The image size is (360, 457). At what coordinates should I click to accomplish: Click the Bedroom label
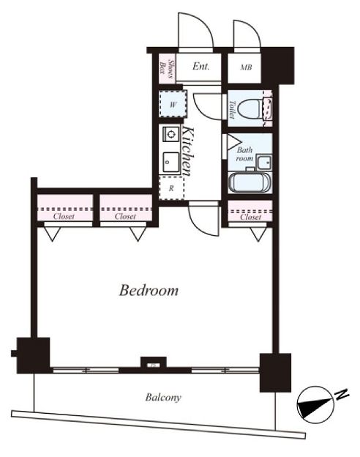(x=149, y=291)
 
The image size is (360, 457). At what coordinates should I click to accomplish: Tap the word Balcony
(x=163, y=397)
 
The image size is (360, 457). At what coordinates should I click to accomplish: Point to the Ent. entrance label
(x=201, y=66)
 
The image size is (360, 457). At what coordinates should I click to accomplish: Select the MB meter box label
(x=246, y=67)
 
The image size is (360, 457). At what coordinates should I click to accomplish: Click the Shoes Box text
(x=168, y=70)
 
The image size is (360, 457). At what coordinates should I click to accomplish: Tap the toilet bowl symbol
(x=249, y=109)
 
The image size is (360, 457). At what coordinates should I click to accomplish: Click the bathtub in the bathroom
(x=250, y=183)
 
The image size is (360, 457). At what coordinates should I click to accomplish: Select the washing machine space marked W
(x=173, y=104)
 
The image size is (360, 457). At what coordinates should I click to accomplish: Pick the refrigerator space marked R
(x=172, y=188)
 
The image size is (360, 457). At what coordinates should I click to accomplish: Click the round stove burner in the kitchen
(x=171, y=134)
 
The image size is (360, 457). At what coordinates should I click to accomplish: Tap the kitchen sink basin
(x=171, y=162)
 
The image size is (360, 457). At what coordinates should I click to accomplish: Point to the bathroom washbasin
(x=264, y=162)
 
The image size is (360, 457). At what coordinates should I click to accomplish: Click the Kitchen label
(x=187, y=151)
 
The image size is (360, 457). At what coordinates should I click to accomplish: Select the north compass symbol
(x=315, y=405)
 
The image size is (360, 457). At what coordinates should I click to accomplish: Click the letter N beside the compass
(x=342, y=395)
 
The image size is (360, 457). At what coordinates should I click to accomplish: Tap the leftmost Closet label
(x=64, y=216)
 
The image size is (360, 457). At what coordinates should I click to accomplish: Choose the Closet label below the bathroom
(x=250, y=217)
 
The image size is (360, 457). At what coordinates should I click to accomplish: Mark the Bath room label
(x=244, y=155)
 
